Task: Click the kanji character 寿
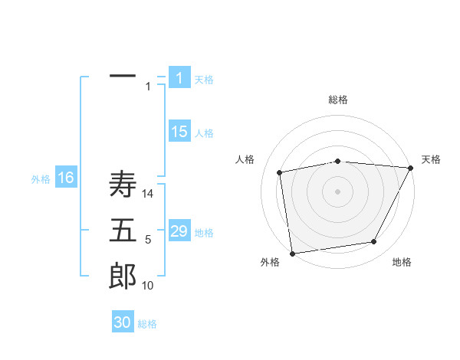tap(123, 185)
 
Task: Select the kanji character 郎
tap(123, 276)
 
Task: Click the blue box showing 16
tap(66, 178)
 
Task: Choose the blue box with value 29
tap(179, 231)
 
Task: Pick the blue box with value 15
tap(179, 132)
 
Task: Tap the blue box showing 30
tap(123, 322)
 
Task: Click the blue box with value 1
tap(179, 78)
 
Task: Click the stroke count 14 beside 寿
tap(148, 194)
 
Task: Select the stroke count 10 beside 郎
tap(148, 286)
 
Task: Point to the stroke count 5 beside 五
tap(148, 240)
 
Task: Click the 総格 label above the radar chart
tap(338, 100)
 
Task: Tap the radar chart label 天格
tap(431, 159)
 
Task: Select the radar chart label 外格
tap(270, 262)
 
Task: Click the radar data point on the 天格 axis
tap(412, 168)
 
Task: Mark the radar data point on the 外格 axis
tap(292, 253)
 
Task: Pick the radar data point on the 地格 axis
tap(374, 242)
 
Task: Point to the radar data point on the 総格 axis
tap(338, 161)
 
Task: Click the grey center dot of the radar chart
tap(338, 191)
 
